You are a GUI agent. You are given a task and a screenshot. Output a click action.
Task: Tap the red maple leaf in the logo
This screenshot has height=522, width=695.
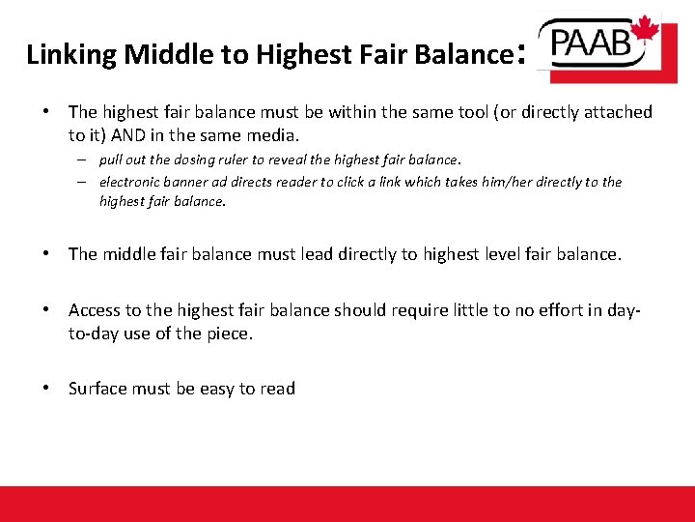(x=645, y=31)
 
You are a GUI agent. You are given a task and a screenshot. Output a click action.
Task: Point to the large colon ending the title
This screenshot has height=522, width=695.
(x=522, y=52)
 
